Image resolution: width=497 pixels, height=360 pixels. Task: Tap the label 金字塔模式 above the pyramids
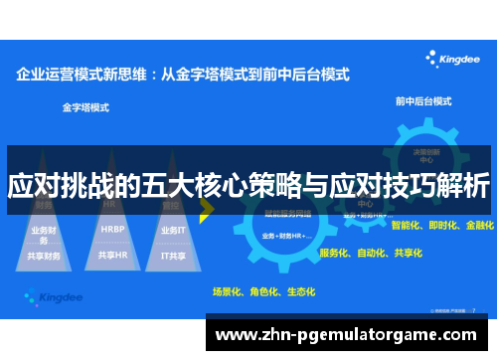tap(85, 104)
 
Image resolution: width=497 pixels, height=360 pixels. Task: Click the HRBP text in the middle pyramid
tap(112, 229)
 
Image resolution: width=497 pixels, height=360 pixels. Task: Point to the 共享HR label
tap(112, 255)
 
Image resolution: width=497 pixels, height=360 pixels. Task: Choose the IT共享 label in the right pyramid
tap(173, 255)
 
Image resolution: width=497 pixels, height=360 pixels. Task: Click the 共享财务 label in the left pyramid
tap(45, 256)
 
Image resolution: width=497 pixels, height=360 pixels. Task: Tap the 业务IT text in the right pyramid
tap(173, 229)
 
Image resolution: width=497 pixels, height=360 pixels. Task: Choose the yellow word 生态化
tap(299, 292)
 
